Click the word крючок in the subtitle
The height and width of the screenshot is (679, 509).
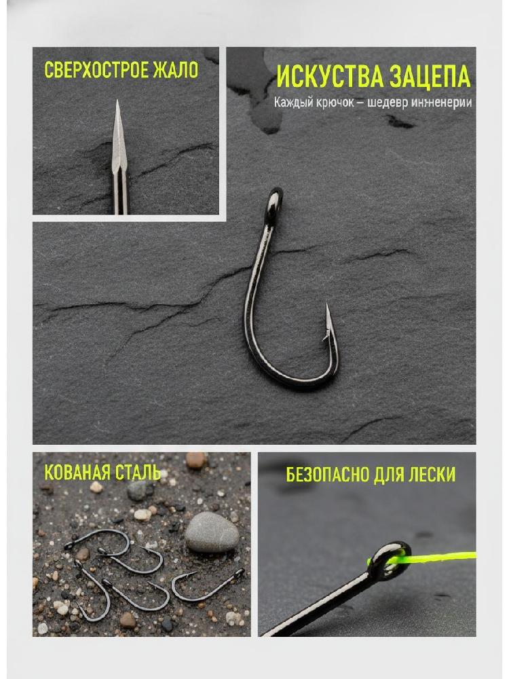pos(334,103)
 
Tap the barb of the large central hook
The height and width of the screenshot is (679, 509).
pos(326,337)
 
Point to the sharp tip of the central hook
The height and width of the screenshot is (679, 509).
pos(327,305)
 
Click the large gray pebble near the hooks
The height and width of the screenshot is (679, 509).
pos(212,532)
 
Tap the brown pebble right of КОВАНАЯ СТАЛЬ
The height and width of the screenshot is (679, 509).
pos(196,461)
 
